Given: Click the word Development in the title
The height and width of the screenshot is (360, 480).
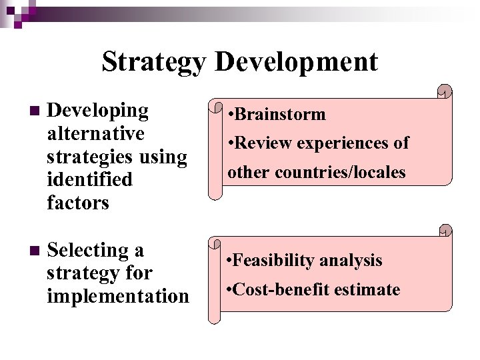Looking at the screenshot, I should pos(297,62).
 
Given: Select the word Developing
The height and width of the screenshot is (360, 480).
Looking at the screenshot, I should pos(98,111).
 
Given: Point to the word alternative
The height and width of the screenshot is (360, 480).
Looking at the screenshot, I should pos(95,134).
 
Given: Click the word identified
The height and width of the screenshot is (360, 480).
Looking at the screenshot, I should pos(90,179).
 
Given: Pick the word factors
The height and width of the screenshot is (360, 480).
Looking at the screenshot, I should pos(78,202).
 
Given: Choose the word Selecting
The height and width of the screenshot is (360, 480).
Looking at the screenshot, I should pos(96,251).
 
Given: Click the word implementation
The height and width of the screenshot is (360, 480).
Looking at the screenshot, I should pos(118,295).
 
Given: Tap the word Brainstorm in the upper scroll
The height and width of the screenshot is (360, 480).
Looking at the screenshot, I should pos(280,114).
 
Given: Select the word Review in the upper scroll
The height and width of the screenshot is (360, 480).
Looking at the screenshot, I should pos(265,143).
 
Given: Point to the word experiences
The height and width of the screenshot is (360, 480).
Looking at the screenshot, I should pos(345,143).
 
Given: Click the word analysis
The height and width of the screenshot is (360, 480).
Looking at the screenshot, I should pos(351,260).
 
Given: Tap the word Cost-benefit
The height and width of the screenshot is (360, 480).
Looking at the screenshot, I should pos(283,289).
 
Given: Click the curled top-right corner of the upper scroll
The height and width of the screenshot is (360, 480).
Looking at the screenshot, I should pos(445,91).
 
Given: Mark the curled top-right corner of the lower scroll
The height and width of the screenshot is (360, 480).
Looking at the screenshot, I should pos(445,231).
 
